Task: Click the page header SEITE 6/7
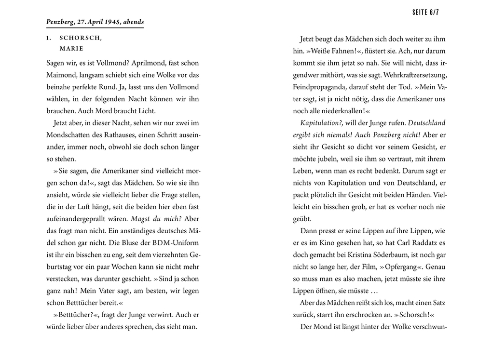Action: click(425, 13)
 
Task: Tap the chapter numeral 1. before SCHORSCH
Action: click(49, 38)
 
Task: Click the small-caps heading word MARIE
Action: click(71, 48)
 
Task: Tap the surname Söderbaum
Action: click(363, 255)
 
